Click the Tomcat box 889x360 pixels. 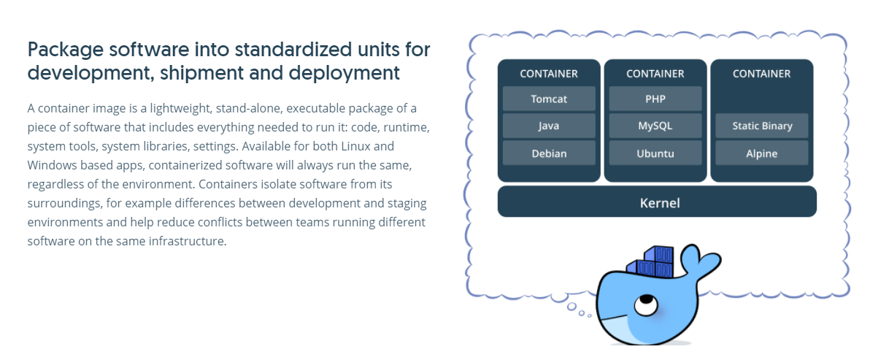click(x=549, y=99)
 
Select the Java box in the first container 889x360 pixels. click(x=549, y=126)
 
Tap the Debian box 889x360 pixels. click(x=549, y=153)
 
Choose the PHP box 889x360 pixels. click(x=655, y=99)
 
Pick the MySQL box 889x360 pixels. click(x=655, y=126)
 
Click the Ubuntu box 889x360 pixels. click(x=655, y=153)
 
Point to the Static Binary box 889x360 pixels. click(x=761, y=126)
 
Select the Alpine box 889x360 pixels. click(x=761, y=153)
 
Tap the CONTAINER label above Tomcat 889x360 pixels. click(x=549, y=74)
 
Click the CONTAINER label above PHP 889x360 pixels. click(x=655, y=74)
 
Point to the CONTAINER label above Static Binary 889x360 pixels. click(x=761, y=74)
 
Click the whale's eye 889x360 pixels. click(x=646, y=305)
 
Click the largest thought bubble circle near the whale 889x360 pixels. click(x=572, y=307)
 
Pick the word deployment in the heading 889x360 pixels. click(x=344, y=74)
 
